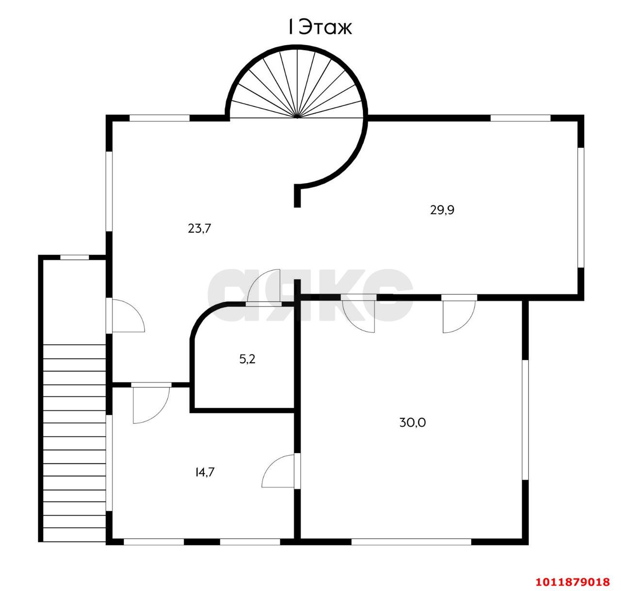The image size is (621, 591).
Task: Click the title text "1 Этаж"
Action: point(320,27)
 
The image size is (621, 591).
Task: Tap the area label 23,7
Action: point(199,228)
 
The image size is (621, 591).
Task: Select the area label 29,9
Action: point(442,210)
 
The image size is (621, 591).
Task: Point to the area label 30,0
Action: point(412,422)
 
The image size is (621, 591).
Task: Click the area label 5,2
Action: point(247,359)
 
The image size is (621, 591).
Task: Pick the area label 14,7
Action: point(205,472)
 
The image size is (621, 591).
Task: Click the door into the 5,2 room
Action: point(263,288)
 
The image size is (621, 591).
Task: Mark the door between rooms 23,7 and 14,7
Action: point(151,403)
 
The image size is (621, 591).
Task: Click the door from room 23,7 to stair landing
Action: point(126,315)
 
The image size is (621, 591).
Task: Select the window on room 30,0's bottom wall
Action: point(411,542)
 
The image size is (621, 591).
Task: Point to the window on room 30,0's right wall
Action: point(525,420)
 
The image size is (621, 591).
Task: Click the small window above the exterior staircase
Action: point(75,257)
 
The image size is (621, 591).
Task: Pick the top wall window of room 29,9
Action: point(521,118)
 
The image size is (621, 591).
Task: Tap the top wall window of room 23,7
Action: point(160,118)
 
